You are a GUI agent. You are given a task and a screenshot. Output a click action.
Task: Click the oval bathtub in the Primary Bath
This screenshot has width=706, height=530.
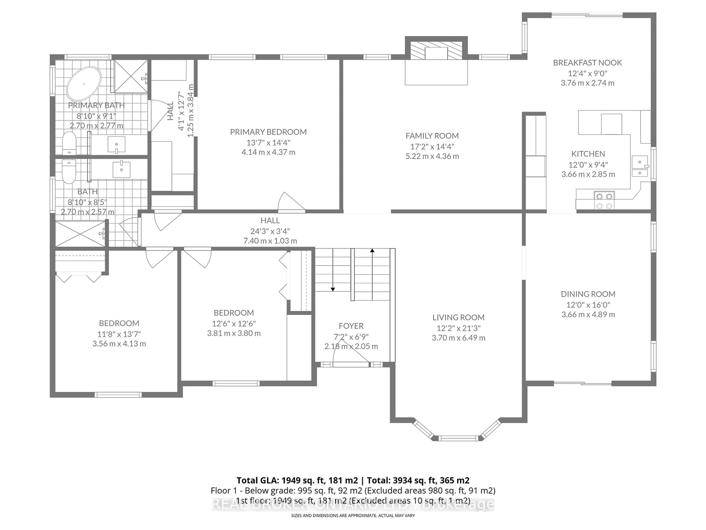pyautogui.click(x=84, y=84)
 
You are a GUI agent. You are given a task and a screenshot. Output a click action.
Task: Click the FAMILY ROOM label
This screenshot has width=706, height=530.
pyautogui.click(x=432, y=136)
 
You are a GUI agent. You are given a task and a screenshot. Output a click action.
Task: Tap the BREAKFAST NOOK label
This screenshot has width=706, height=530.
pyautogui.click(x=587, y=63)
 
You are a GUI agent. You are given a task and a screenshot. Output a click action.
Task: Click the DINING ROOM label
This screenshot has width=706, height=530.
pyautogui.click(x=588, y=294)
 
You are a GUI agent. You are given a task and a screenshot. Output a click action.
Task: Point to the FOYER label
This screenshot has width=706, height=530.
pyautogui.click(x=351, y=326)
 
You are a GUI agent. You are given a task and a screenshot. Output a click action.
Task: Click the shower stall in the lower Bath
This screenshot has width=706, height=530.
pyautogui.click(x=80, y=234)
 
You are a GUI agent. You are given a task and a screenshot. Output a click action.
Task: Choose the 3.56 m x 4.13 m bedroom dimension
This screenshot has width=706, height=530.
pyautogui.click(x=119, y=344)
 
